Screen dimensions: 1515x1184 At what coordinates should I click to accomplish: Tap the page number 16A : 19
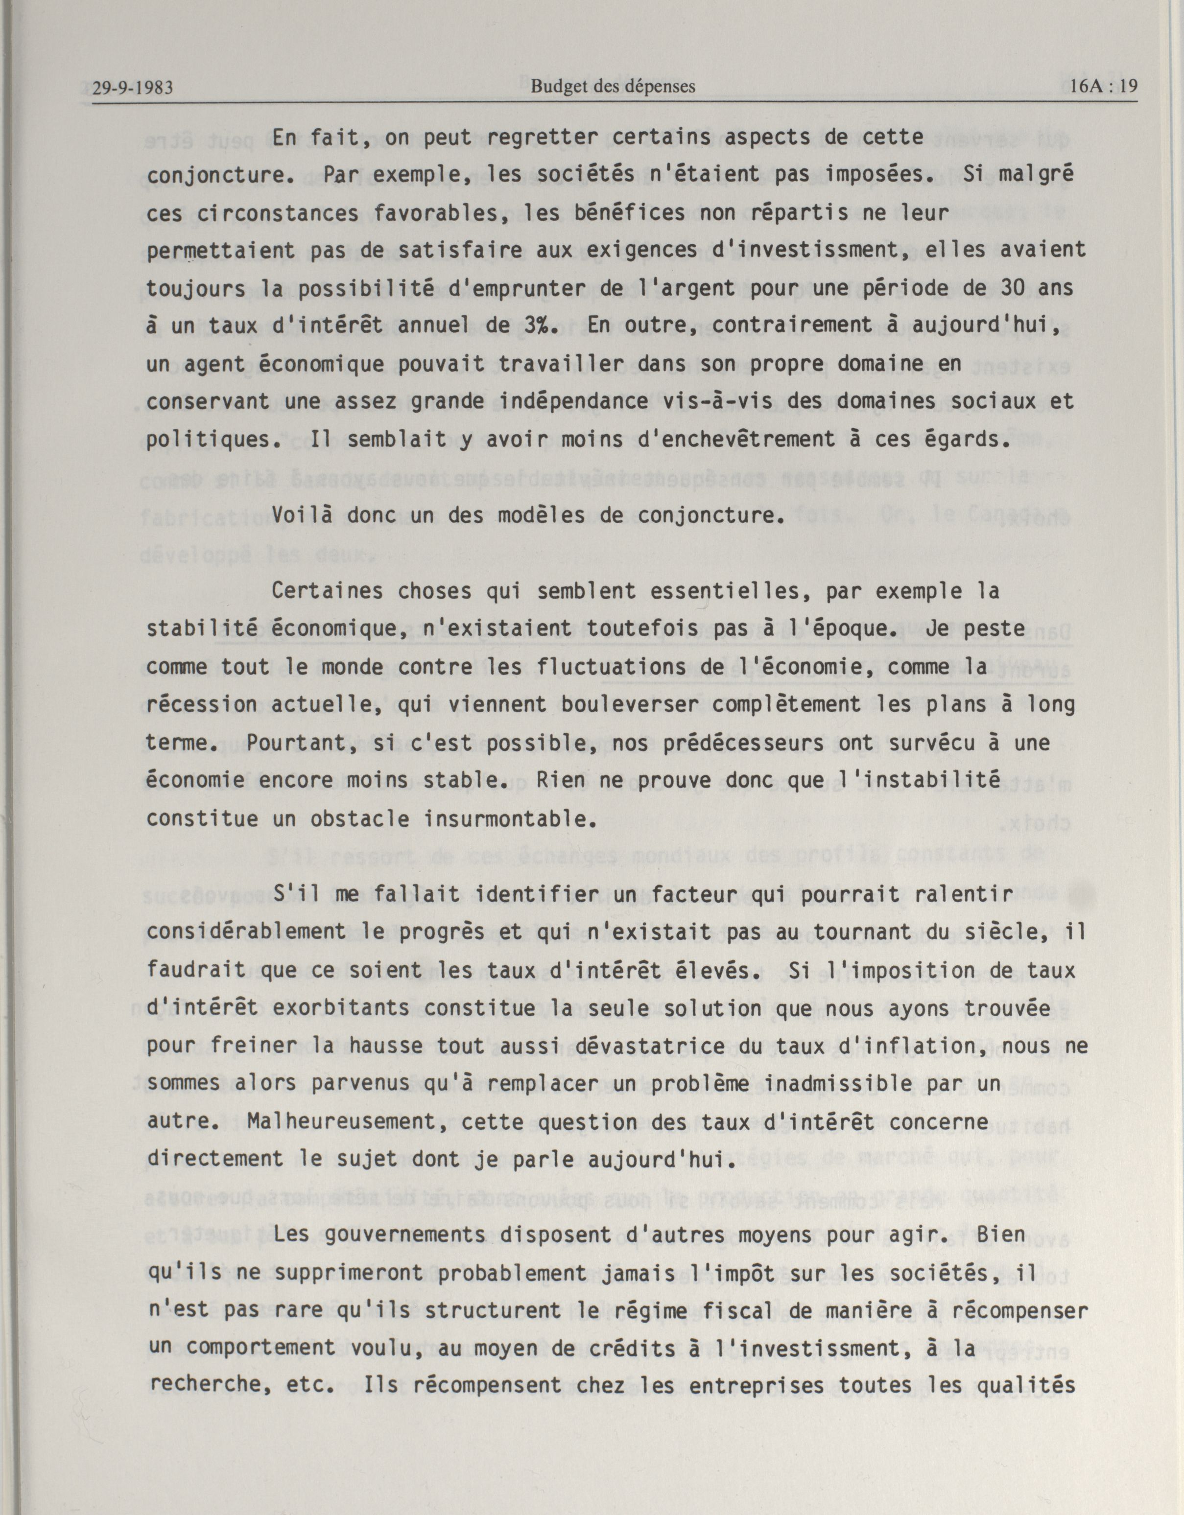click(x=1104, y=86)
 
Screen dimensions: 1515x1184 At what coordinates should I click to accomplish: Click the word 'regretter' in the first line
click(x=543, y=138)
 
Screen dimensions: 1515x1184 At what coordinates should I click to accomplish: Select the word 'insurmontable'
click(x=511, y=818)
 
